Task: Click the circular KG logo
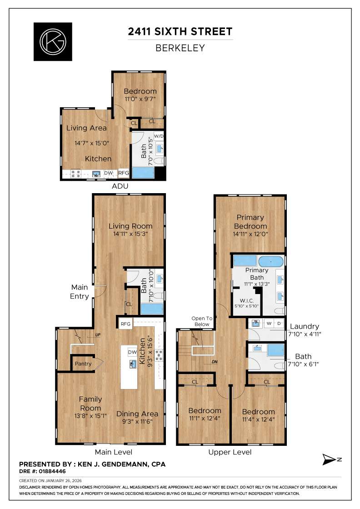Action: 53,41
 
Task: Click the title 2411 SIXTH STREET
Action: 180,32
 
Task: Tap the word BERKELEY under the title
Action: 180,48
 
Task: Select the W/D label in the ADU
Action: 159,136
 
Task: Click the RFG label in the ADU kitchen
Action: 124,173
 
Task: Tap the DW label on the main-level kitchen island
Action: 132,352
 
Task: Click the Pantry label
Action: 83,364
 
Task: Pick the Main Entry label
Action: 79,291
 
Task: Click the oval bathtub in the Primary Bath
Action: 271,261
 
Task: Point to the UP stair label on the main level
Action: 98,335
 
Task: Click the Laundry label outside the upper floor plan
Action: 304,326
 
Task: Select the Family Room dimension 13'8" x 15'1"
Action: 91,416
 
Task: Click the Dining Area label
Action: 137,414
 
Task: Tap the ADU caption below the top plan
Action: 120,186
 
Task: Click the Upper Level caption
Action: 230,452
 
